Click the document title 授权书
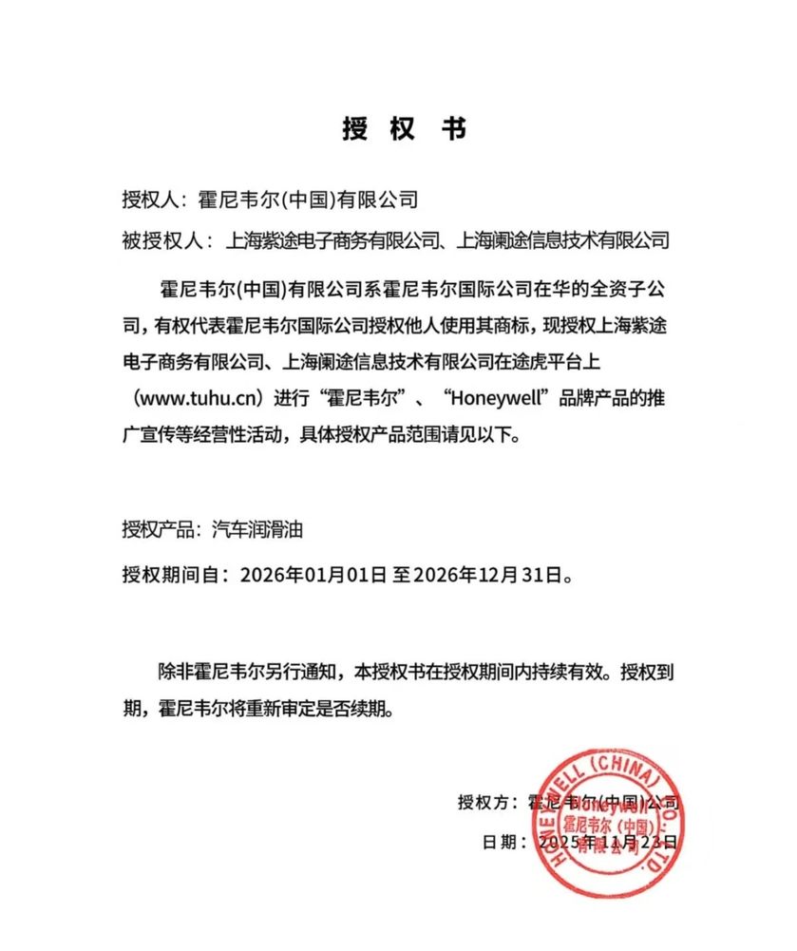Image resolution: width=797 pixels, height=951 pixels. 404,130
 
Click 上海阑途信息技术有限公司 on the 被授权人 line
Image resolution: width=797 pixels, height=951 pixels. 564,240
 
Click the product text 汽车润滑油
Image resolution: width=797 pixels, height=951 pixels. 258,530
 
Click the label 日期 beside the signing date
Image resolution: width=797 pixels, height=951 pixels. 502,842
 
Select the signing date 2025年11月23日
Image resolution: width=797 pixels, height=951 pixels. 608,842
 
